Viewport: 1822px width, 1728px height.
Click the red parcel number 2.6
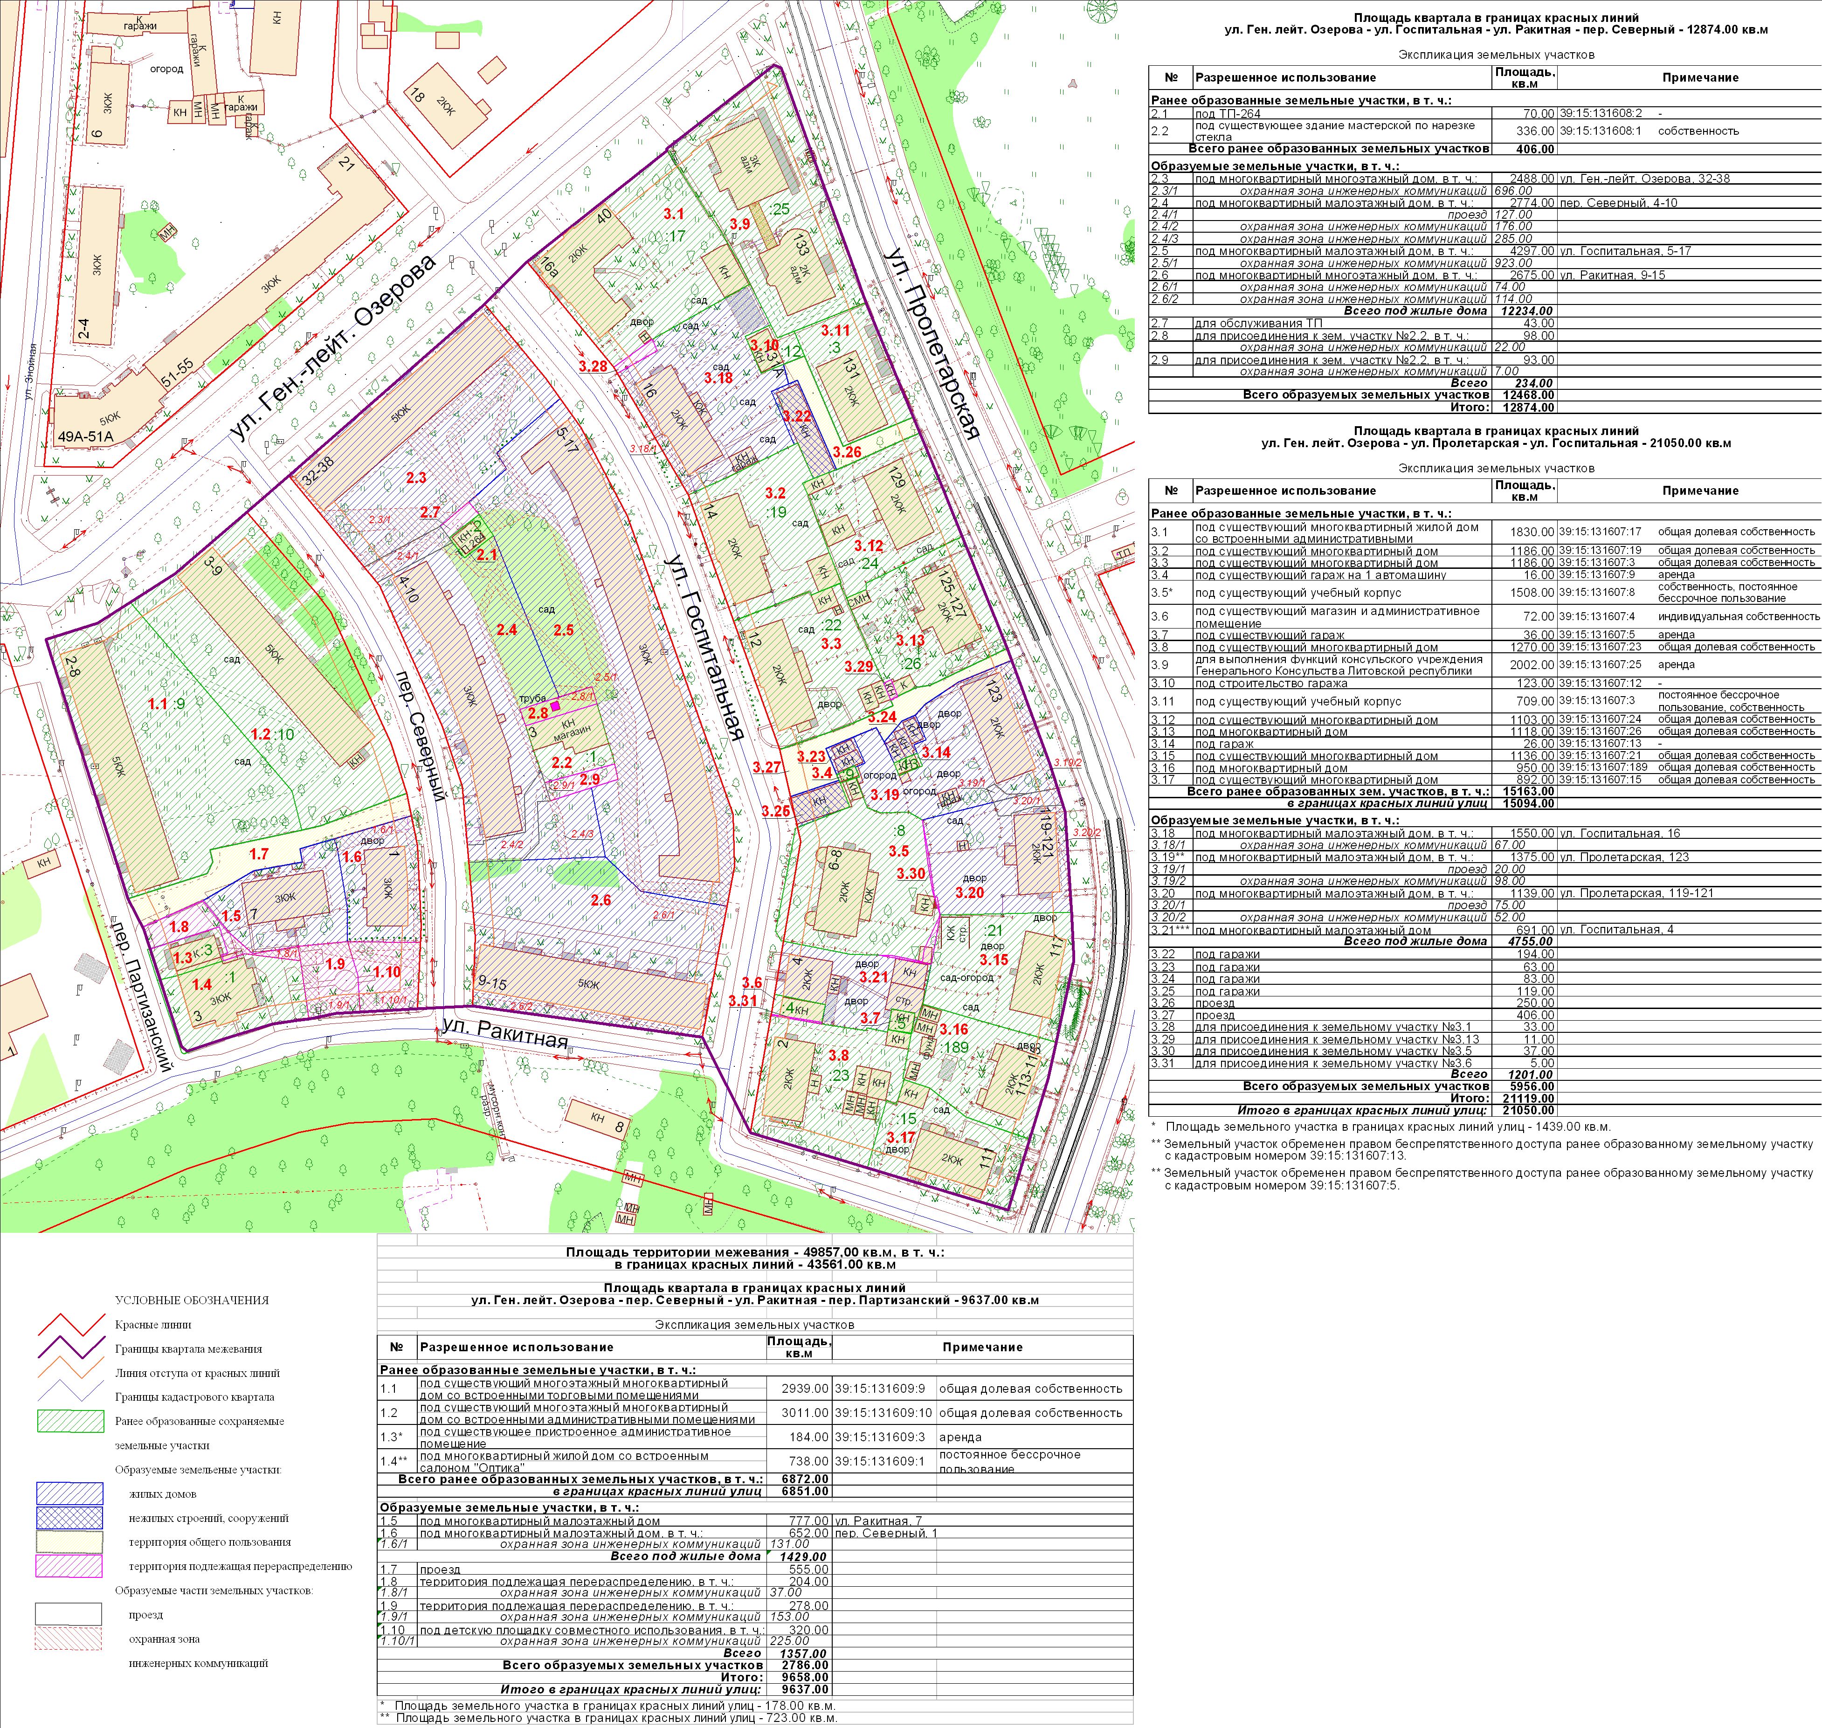pos(600,900)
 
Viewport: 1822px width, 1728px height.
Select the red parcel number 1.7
pos(259,854)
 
